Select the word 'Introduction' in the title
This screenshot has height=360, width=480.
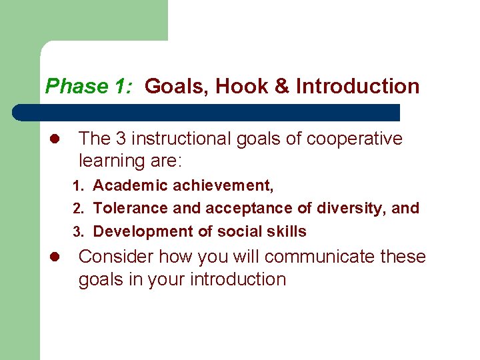pos(358,87)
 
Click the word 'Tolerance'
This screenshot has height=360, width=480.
pos(131,208)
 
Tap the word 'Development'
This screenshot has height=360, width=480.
pos(142,232)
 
